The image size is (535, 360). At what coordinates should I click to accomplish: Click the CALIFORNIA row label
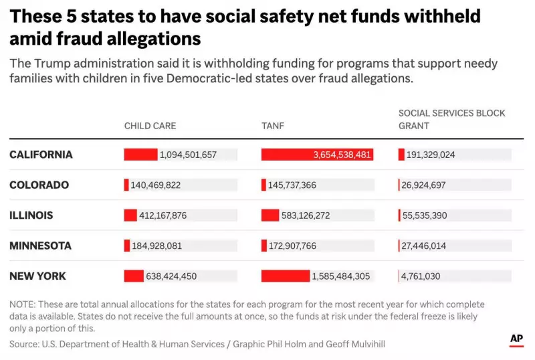(41, 155)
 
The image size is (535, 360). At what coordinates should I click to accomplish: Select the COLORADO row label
(39, 185)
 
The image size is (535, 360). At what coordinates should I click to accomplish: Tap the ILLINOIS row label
(31, 215)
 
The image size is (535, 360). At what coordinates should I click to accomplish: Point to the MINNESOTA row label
(40, 246)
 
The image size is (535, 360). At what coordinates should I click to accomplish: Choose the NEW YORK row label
(37, 276)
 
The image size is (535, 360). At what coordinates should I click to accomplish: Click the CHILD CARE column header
(150, 126)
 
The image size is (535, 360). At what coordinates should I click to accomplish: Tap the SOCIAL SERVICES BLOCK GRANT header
(451, 119)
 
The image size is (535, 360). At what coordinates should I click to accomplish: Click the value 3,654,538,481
(342, 155)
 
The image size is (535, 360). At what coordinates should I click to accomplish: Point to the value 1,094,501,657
(188, 155)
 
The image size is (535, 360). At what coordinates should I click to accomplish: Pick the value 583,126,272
(312, 215)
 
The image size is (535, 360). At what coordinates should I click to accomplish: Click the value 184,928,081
(156, 246)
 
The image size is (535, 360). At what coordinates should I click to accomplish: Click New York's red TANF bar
(285, 276)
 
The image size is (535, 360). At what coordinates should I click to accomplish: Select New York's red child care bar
(134, 276)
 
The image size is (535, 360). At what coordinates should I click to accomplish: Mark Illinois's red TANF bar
(270, 215)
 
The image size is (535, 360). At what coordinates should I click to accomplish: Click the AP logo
(516, 339)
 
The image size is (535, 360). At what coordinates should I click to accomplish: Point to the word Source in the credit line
(23, 344)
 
